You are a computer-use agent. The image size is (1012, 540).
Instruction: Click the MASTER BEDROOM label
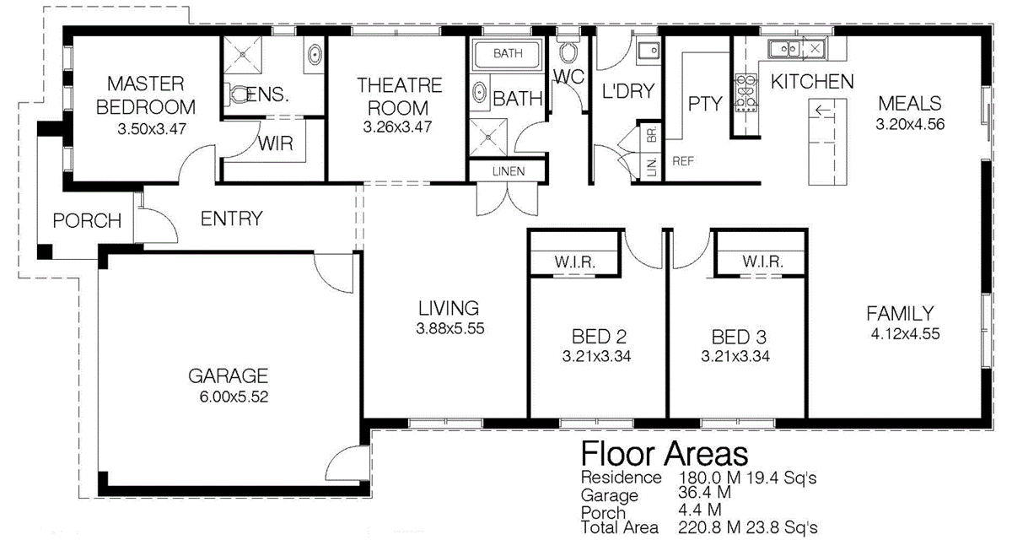pos(146,95)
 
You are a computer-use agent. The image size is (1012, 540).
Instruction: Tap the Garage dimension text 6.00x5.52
pos(228,397)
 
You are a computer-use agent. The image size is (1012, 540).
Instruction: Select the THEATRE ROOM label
pos(399,96)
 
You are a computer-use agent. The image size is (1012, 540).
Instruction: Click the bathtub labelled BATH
pos(508,54)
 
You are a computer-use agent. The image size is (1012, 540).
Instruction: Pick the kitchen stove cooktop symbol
pos(746,93)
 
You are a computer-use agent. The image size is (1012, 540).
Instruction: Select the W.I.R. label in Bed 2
pos(574,262)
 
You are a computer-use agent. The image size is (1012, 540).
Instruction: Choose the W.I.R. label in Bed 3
pos(763,262)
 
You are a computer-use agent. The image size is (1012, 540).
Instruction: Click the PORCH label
pos(87,221)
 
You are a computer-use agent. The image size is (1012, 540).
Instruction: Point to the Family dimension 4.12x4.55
pos(900,334)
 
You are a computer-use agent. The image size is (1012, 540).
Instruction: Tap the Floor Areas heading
pos(665,453)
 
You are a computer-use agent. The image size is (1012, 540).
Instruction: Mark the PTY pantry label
pos(705,104)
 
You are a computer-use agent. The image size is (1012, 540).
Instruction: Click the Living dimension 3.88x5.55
pos(449,329)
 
